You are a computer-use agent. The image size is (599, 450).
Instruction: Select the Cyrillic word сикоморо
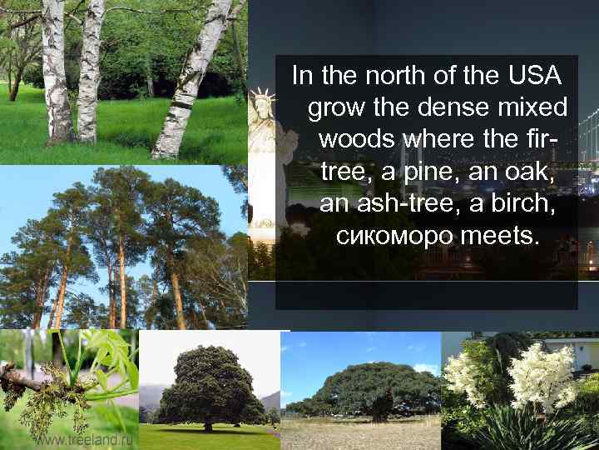point(395,235)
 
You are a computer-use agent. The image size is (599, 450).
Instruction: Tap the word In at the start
point(301,77)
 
